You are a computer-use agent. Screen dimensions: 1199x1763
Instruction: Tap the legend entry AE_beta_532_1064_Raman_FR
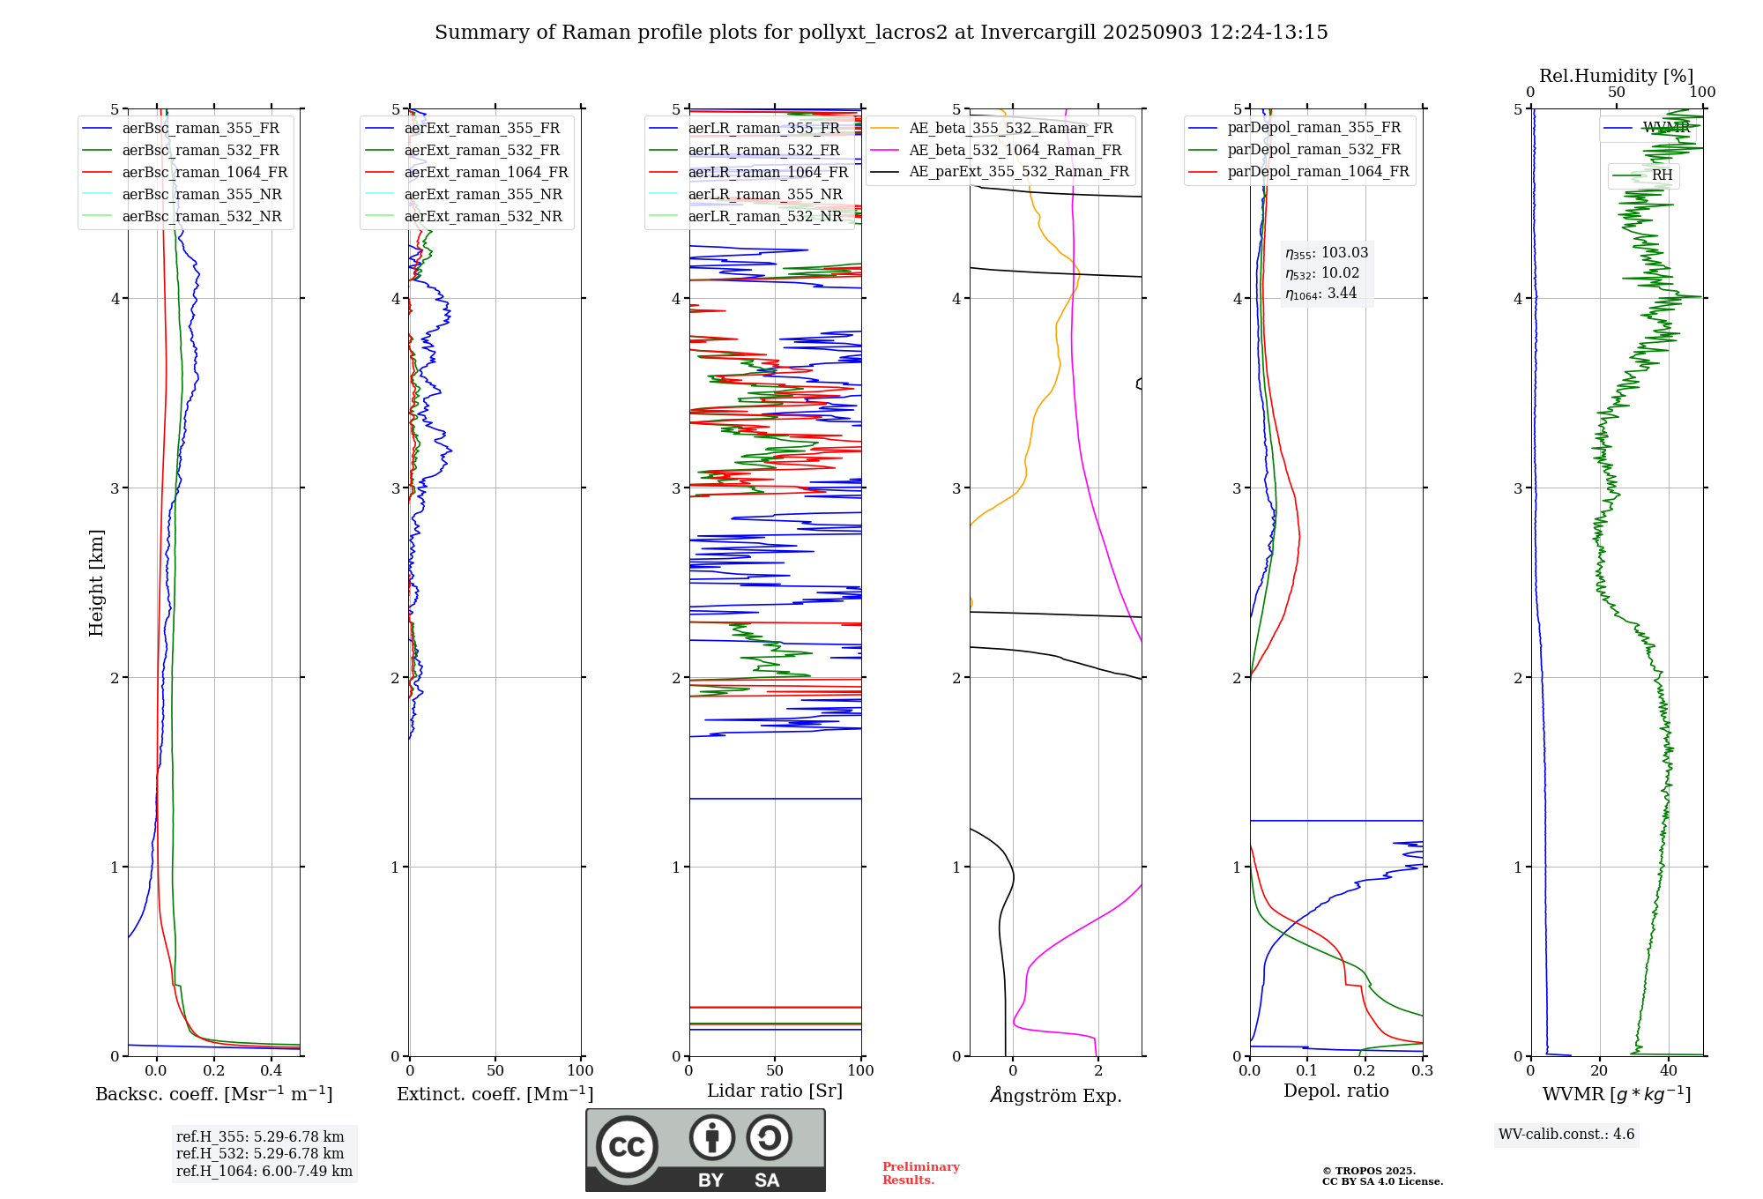pyautogui.click(x=1015, y=151)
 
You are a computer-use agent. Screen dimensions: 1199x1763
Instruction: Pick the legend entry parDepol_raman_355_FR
pyautogui.click(x=1313, y=128)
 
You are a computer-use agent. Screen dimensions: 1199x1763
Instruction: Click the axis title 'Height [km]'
pyautogui.click(x=96, y=583)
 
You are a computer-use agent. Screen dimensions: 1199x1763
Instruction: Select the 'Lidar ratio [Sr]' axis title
pyautogui.click(x=775, y=1091)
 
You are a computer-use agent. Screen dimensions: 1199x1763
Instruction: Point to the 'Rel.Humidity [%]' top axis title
pyautogui.click(x=1616, y=76)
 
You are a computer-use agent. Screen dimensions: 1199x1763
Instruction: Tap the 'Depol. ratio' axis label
pyautogui.click(x=1335, y=1091)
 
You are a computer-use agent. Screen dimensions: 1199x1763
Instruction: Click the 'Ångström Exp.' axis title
pyautogui.click(x=1055, y=1096)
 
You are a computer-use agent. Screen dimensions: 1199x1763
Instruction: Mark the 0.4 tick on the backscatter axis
pyautogui.click(x=272, y=1071)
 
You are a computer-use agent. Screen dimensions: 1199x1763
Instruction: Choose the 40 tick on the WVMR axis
pyautogui.click(x=1669, y=1071)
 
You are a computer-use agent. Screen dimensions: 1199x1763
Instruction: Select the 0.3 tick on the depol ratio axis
pyautogui.click(x=1422, y=1071)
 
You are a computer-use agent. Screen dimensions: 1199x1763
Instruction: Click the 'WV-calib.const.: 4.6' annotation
pyautogui.click(x=1566, y=1135)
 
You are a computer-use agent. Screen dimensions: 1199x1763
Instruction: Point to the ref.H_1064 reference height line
pyautogui.click(x=264, y=1172)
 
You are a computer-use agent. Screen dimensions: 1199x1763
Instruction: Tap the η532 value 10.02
pyautogui.click(x=1340, y=273)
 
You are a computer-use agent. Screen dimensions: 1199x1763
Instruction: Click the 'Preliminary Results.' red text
pyautogui.click(x=920, y=1173)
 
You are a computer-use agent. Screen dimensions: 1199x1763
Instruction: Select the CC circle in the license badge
pyautogui.click(x=627, y=1147)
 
